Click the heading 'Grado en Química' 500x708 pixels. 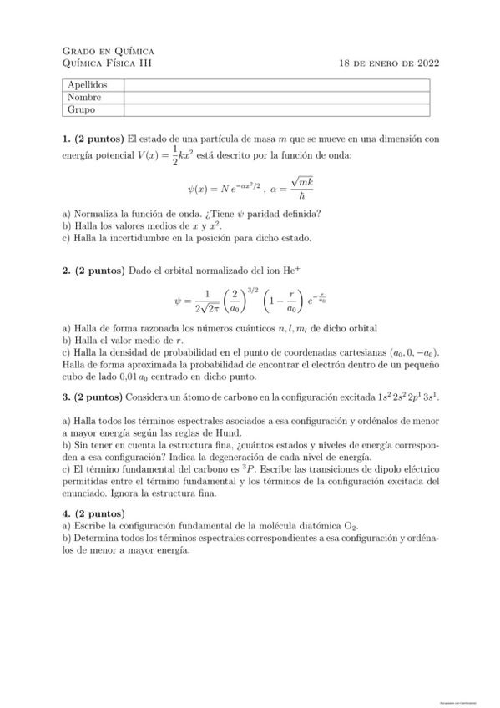click(x=108, y=51)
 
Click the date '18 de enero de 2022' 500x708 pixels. click(x=390, y=63)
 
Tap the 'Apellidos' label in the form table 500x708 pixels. click(x=88, y=85)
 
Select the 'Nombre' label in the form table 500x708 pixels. click(x=84, y=97)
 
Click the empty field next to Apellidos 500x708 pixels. click(x=275, y=85)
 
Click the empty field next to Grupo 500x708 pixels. click(x=275, y=109)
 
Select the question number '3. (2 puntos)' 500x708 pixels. click(x=93, y=397)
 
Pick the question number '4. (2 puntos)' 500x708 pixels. click(x=93, y=513)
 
